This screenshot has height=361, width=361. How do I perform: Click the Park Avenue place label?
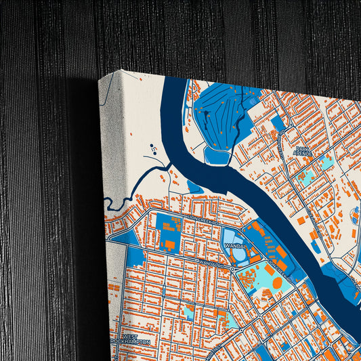pos(303,152)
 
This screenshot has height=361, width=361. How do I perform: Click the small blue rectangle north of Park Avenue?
pos(278,123)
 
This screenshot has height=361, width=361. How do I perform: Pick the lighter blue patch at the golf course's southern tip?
pos(217,156)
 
